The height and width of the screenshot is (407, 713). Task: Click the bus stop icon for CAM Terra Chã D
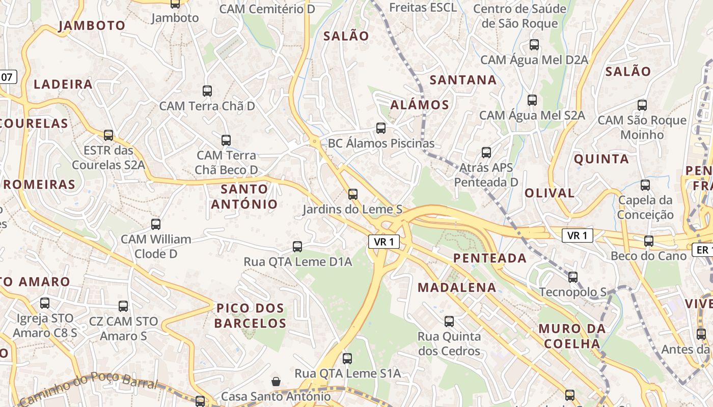coord(207,91)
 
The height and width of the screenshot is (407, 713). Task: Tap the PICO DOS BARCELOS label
coord(250,315)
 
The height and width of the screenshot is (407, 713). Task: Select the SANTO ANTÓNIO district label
coord(244,196)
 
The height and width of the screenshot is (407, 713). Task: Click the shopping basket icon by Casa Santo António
coord(276,381)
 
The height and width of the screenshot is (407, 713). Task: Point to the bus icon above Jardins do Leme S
coord(353,194)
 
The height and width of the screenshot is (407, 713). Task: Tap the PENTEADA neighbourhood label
coord(490,258)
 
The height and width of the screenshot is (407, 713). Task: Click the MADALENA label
coord(457,287)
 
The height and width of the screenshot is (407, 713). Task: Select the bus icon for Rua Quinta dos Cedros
coord(449,322)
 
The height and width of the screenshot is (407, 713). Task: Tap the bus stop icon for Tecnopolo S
coord(573,277)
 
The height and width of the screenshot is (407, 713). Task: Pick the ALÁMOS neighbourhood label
coord(420,105)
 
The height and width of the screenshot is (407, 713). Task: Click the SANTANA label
coord(463,80)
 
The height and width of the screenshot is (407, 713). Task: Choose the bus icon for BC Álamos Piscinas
coord(381,128)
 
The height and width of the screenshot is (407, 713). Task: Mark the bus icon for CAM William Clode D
coord(156,224)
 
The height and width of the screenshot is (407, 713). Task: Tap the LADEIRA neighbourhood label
coord(63,84)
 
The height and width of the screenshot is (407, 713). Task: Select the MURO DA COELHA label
coord(572,336)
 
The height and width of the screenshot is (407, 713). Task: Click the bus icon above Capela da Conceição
coord(645,185)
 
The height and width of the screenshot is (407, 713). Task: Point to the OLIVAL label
coord(550,193)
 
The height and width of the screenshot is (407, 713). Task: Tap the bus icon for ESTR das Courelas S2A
coord(108,135)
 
